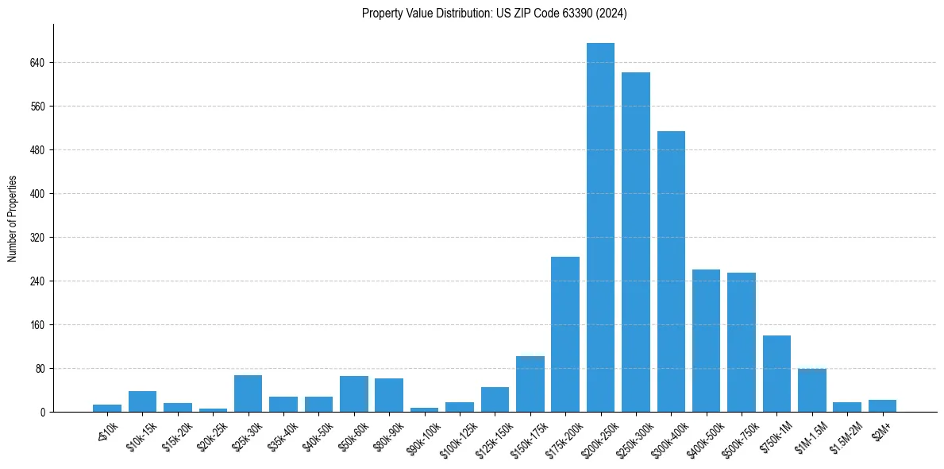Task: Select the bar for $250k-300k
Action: pos(635,242)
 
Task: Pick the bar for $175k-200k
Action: pos(565,334)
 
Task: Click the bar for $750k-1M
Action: pos(776,374)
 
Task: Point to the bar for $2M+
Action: pos(882,406)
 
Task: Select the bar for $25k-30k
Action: pos(248,393)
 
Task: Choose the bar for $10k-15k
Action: pos(142,401)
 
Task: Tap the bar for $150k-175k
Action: pos(530,384)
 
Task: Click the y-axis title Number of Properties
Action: pos(12,219)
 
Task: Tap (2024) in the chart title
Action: pos(614,14)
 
